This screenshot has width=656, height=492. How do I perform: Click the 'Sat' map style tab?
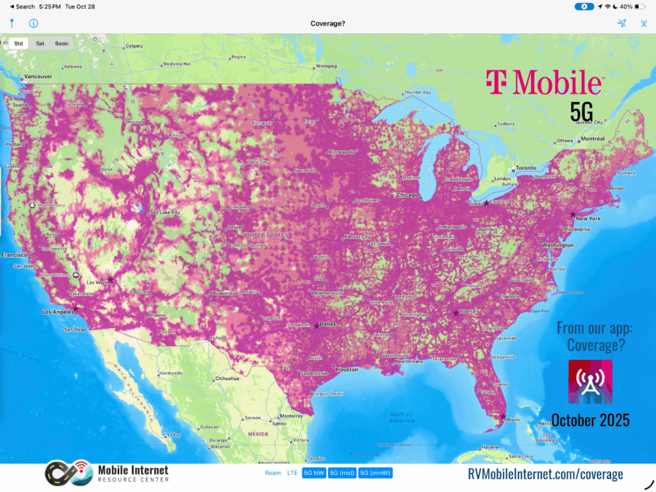click(x=40, y=44)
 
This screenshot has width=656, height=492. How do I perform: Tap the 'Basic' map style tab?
click(x=61, y=44)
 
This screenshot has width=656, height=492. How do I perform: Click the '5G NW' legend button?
click(x=314, y=473)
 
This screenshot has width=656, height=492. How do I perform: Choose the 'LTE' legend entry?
click(x=292, y=473)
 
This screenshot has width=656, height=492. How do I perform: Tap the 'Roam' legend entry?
click(x=273, y=473)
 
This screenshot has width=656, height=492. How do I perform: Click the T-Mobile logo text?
click(x=543, y=82)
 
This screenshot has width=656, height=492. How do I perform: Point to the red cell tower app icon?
click(x=590, y=382)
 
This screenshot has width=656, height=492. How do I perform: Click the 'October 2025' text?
click(x=590, y=420)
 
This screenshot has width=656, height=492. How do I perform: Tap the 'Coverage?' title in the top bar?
click(x=328, y=24)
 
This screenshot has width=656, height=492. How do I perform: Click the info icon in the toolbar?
click(x=33, y=24)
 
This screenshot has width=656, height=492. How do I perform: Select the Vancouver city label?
click(x=37, y=77)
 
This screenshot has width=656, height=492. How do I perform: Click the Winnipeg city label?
click(x=326, y=66)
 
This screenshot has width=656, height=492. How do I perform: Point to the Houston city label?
click(x=347, y=370)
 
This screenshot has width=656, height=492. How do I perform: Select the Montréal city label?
click(x=593, y=139)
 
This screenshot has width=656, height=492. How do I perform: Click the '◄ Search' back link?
click(x=22, y=6)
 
